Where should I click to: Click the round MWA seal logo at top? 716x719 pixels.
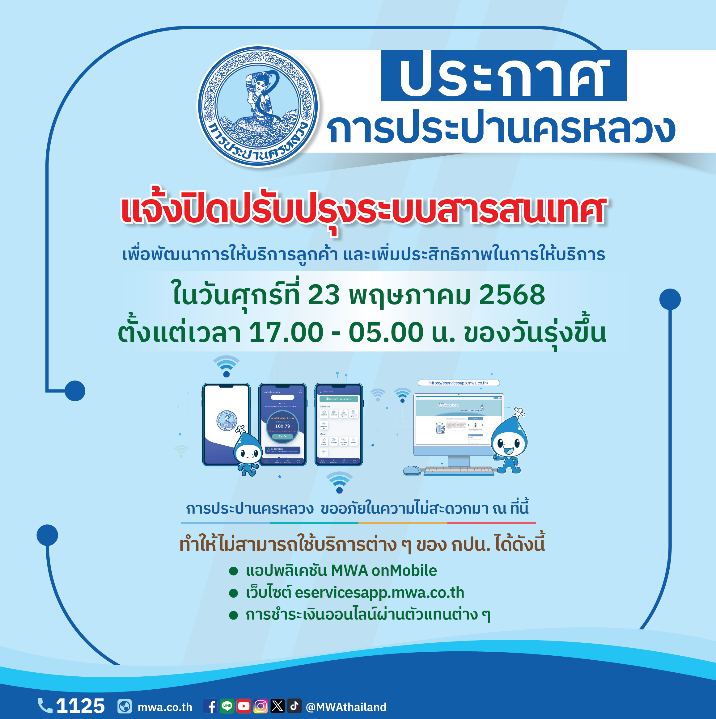(258, 106)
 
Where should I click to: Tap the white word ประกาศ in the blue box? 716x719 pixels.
(503, 76)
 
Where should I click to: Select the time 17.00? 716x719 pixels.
(286, 332)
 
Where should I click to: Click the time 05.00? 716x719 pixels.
(386, 332)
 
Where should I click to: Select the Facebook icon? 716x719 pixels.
(210, 706)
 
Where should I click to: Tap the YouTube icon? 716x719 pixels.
(244, 706)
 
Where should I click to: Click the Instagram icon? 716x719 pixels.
(261, 706)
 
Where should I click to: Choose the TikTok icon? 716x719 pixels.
(294, 706)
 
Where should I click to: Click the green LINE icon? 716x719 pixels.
(227, 706)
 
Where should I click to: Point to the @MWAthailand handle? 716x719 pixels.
(346, 707)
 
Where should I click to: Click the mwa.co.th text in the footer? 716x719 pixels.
(165, 707)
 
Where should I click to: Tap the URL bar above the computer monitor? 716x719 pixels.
(458, 383)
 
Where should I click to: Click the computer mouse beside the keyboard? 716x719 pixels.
(412, 470)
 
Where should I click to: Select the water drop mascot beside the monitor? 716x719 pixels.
(509, 443)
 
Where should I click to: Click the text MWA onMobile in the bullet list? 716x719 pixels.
(383, 570)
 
